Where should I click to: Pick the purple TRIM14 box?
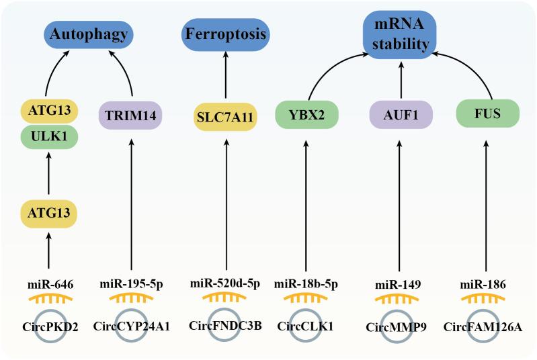tap(130, 115)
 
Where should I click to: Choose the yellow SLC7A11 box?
tap(225, 116)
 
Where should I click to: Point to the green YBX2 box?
tap(307, 115)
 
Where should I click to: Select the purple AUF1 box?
tap(401, 115)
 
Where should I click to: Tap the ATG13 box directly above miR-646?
tap(48, 216)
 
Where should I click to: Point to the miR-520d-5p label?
tap(225, 284)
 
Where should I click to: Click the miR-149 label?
tap(401, 284)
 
